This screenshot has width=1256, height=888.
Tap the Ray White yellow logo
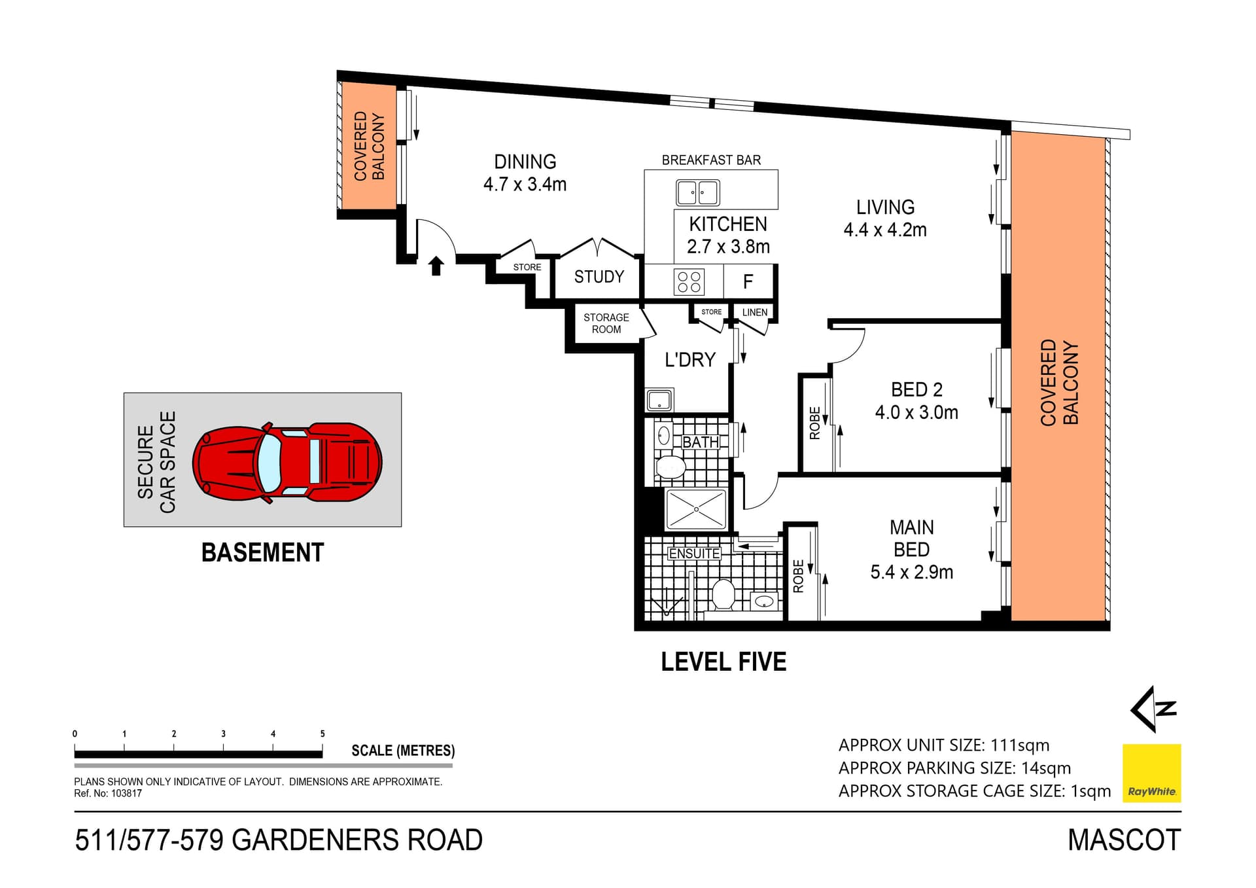pyautogui.click(x=1151, y=773)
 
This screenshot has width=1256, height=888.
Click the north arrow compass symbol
pyautogui.click(x=1153, y=709)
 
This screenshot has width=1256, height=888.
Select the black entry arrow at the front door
pyautogui.click(x=436, y=266)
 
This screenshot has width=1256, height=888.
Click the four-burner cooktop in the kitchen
pyautogui.click(x=689, y=281)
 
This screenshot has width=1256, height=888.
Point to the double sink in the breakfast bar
pyautogui.click(x=697, y=193)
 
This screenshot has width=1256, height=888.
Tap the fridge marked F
pyautogui.click(x=748, y=281)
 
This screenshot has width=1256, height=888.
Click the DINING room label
pyautogui.click(x=525, y=162)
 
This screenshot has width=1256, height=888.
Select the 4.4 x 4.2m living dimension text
pyautogui.click(x=884, y=230)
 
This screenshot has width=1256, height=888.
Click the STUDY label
pyautogui.click(x=599, y=277)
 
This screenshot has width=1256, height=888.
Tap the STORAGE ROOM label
pyautogui.click(x=606, y=323)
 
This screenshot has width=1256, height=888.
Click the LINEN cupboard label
pyautogui.click(x=754, y=312)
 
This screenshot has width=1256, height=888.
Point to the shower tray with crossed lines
pyautogui.click(x=696, y=509)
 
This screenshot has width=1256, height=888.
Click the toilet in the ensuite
pyautogui.click(x=723, y=594)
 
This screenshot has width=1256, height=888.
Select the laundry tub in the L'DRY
pyautogui.click(x=659, y=400)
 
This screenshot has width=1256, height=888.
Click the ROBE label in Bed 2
pyautogui.click(x=814, y=423)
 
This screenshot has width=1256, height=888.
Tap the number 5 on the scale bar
pyautogui.click(x=323, y=734)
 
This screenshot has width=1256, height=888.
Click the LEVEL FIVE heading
pyautogui.click(x=723, y=662)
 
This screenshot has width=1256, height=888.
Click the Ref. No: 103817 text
pyautogui.click(x=108, y=793)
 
